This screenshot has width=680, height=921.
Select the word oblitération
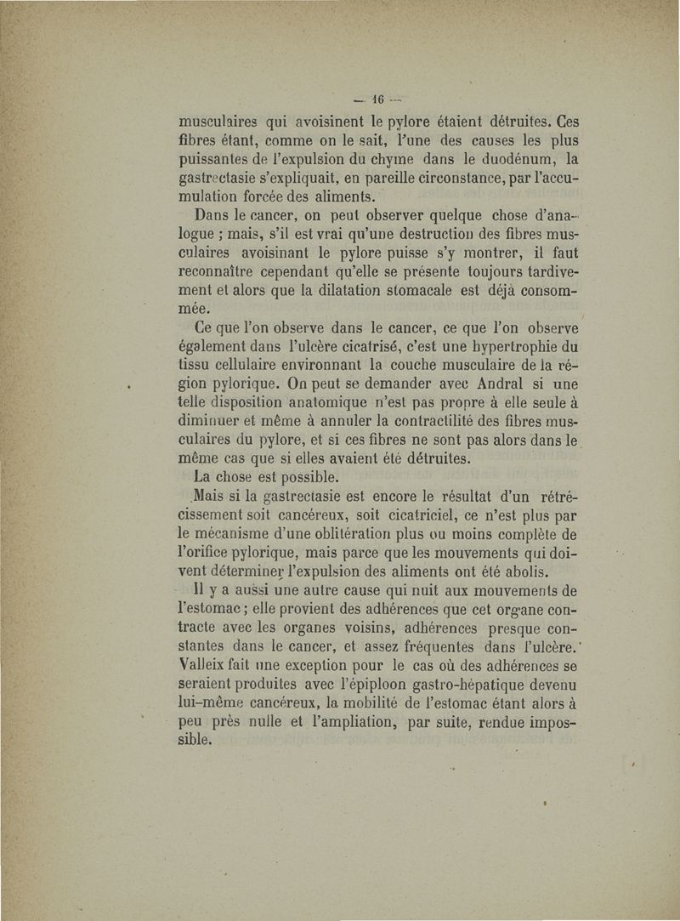350,534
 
